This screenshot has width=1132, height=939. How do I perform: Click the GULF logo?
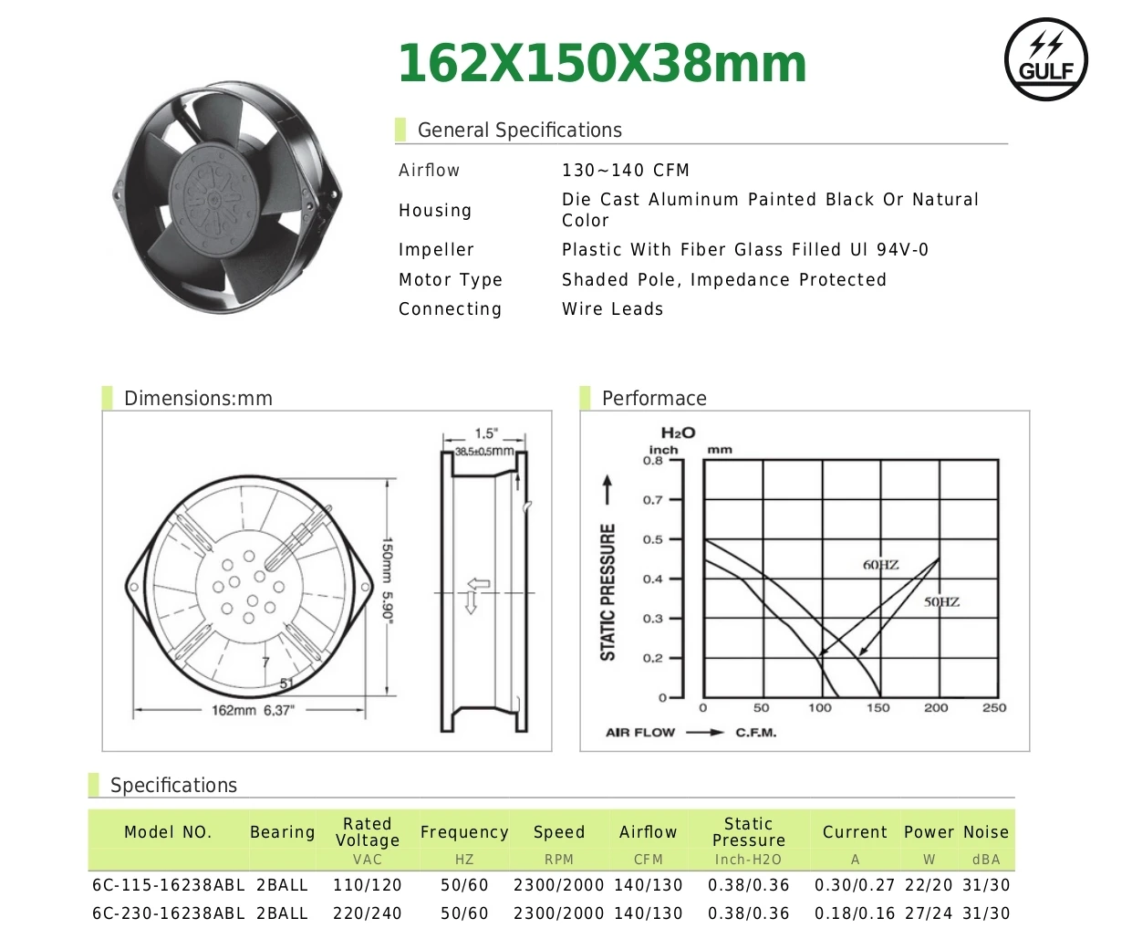1046,59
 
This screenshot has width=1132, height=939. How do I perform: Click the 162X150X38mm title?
602,64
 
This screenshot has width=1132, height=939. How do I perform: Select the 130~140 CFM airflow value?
626,171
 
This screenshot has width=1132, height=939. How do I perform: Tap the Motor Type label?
451,280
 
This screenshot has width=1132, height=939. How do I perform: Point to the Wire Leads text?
613,309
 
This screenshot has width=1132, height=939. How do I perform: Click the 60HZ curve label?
881,565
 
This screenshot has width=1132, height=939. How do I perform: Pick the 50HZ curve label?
941,602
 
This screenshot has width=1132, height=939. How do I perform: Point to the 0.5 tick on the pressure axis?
653,539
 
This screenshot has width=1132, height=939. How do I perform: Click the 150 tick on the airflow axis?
878,708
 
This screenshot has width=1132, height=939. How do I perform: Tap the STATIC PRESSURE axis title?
608,591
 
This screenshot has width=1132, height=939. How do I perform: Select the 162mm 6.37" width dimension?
253,710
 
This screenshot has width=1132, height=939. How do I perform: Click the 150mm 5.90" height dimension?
388,580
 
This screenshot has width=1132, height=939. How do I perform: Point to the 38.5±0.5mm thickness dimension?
484,451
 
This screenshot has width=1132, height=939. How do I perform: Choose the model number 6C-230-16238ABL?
169,913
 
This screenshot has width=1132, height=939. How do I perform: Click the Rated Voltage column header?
367,832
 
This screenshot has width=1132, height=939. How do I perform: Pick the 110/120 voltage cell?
367,885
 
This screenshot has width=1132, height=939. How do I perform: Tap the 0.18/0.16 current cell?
855,913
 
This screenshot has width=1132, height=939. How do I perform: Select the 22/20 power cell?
929,885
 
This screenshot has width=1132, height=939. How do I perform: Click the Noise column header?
986,832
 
